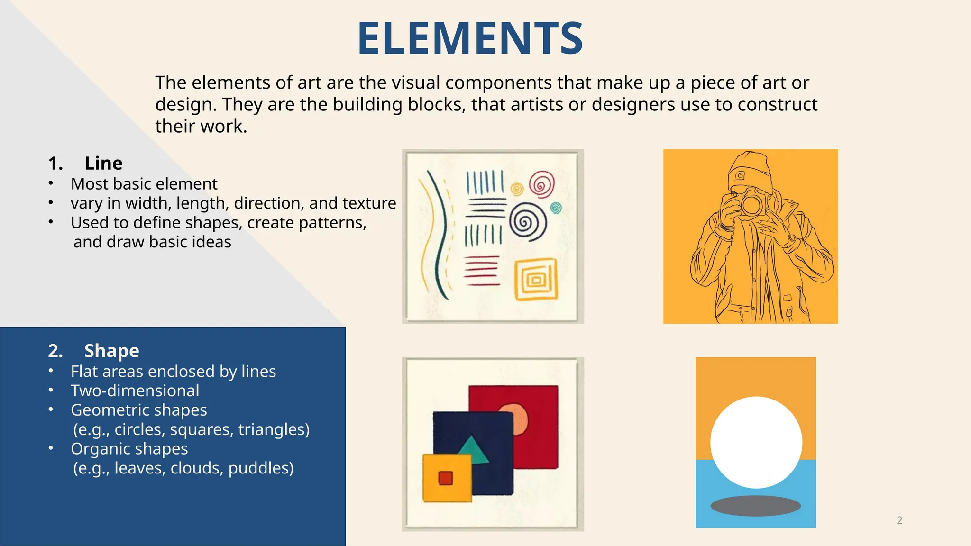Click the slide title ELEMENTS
coord(470,38)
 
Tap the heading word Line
coord(103,164)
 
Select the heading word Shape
coord(111,351)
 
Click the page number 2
coord(899,520)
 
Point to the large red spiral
coord(541,184)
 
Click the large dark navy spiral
coord(527,221)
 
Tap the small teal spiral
coord(556,208)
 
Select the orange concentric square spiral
coord(536,280)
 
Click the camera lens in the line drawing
coord(751,204)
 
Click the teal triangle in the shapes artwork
coord(473,450)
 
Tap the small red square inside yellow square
coord(445,478)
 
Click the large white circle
coord(756,442)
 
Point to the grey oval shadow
coord(756,506)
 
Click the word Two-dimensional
coord(135,391)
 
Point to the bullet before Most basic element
coord(51,183)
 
